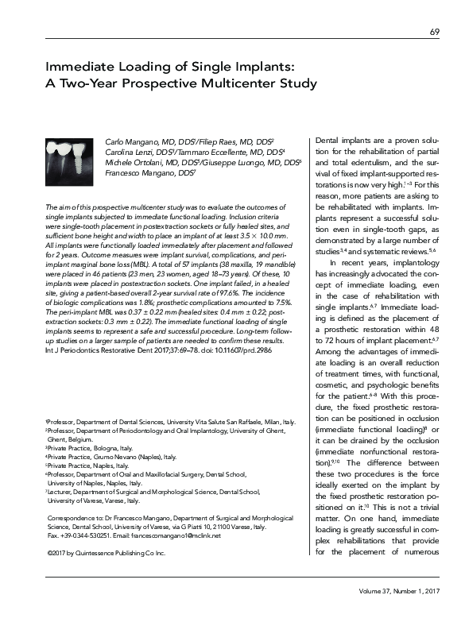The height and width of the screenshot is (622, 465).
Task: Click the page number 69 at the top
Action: tap(434, 32)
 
